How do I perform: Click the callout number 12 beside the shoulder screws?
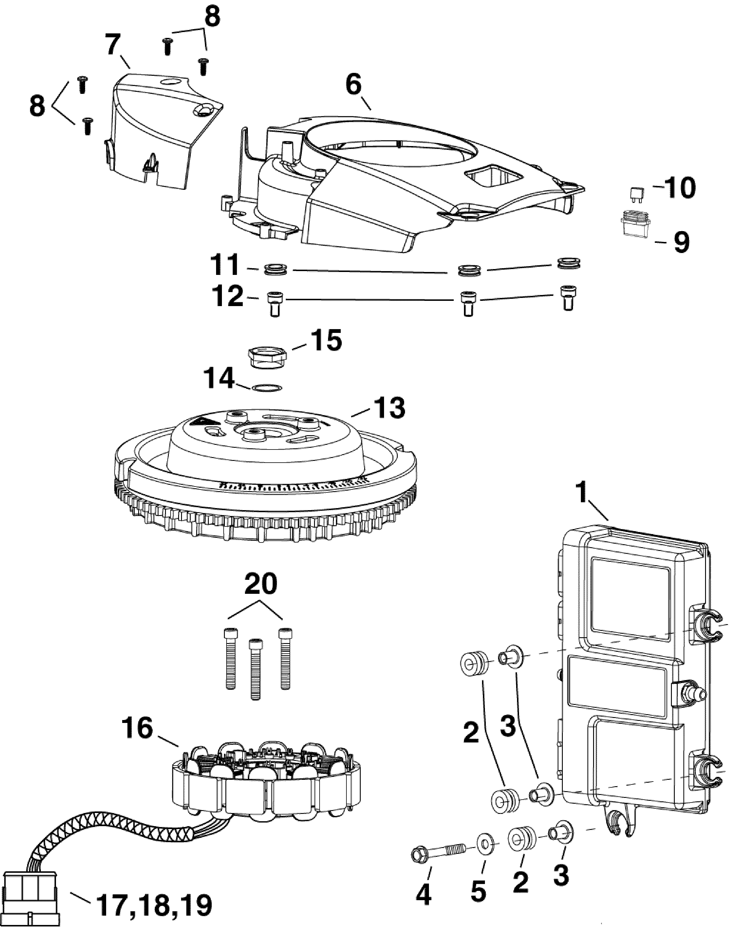click(x=229, y=296)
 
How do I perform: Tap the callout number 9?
click(x=681, y=242)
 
